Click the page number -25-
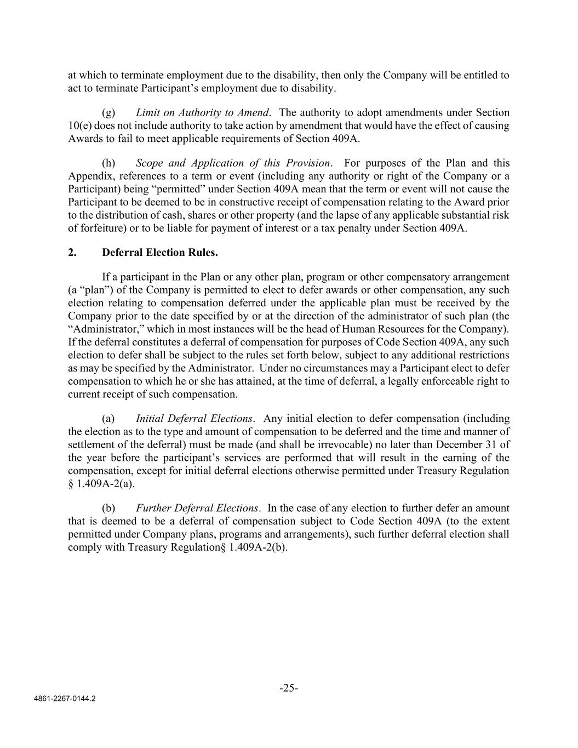pyautogui.click(x=289, y=688)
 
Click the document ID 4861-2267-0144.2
pyautogui.click(x=65, y=699)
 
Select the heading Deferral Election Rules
pyautogui.click(x=159, y=253)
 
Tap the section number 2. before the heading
pyautogui.click(x=72, y=253)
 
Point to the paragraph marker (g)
pyautogui.click(x=108, y=113)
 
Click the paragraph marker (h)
pyautogui.click(x=108, y=163)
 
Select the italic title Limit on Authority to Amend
pyautogui.click(x=203, y=113)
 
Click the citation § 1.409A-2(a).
pyautogui.click(x=101, y=484)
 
